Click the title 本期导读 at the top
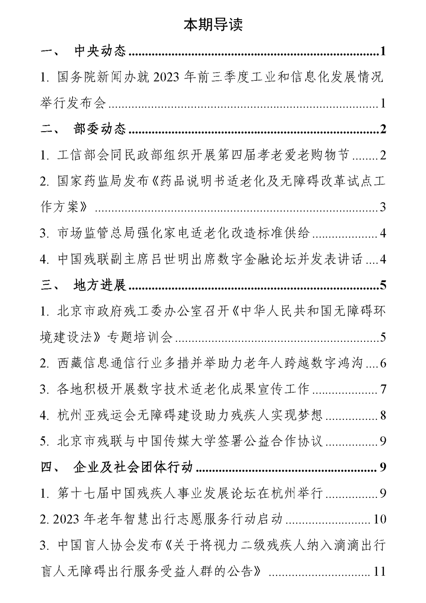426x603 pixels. pos(213,24)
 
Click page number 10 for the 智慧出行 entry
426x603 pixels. pos(379,519)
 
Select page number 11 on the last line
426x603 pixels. pos(379,571)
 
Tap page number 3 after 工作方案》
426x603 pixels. pos(383,207)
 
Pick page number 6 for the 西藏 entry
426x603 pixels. pos(383,363)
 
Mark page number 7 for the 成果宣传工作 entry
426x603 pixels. pos(383,389)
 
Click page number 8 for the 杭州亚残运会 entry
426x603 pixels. pos(383,415)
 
